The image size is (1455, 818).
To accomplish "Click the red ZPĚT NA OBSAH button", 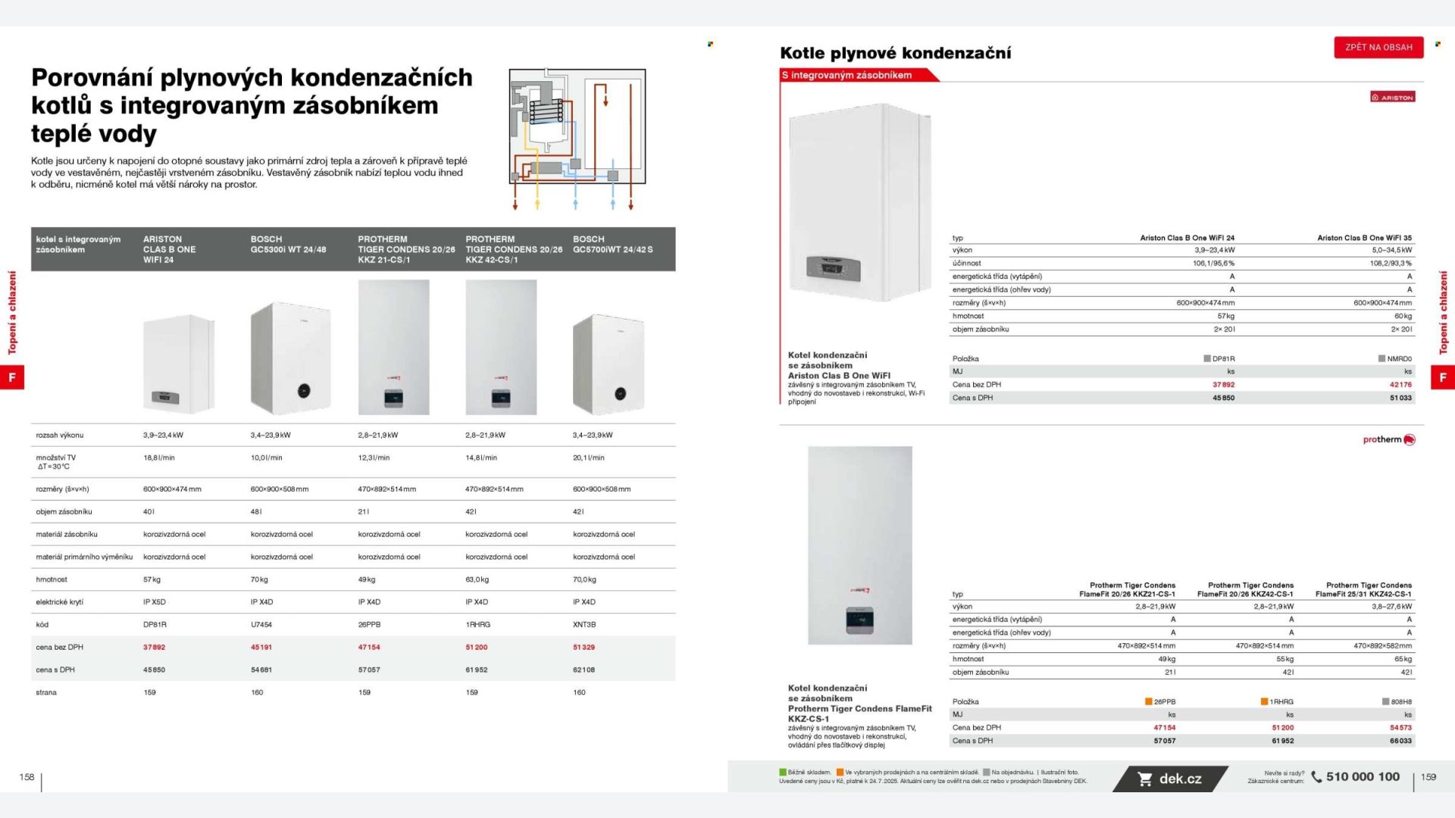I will pos(1378,47).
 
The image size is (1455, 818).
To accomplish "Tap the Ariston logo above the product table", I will pos(1392,97).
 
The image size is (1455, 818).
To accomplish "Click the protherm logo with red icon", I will pos(1388,439).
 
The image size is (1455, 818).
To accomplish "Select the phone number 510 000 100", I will pos(1362,776).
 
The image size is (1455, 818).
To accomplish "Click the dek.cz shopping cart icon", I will pos(1145,779).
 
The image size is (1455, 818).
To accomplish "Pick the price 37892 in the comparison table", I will pos(154,647).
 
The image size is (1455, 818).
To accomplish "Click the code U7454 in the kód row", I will pos(261,624).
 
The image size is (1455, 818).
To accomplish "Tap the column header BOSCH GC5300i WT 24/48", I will pos(288,244).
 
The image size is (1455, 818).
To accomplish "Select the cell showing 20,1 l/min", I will pos(588,457).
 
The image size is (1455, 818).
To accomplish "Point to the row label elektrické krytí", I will pos(60,602).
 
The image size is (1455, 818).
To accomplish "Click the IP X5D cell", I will pos(154,602).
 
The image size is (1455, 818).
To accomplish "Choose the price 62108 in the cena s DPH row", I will pos(584,670).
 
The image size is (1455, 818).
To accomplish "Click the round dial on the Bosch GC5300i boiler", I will pos(304,391).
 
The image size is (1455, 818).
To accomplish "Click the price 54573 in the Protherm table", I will pos(1400,727).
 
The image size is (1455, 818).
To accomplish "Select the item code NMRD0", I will pos(1399,359).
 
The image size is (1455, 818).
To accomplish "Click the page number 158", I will pos(27,777).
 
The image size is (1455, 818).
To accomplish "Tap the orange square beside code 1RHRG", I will pos(1264,701).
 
